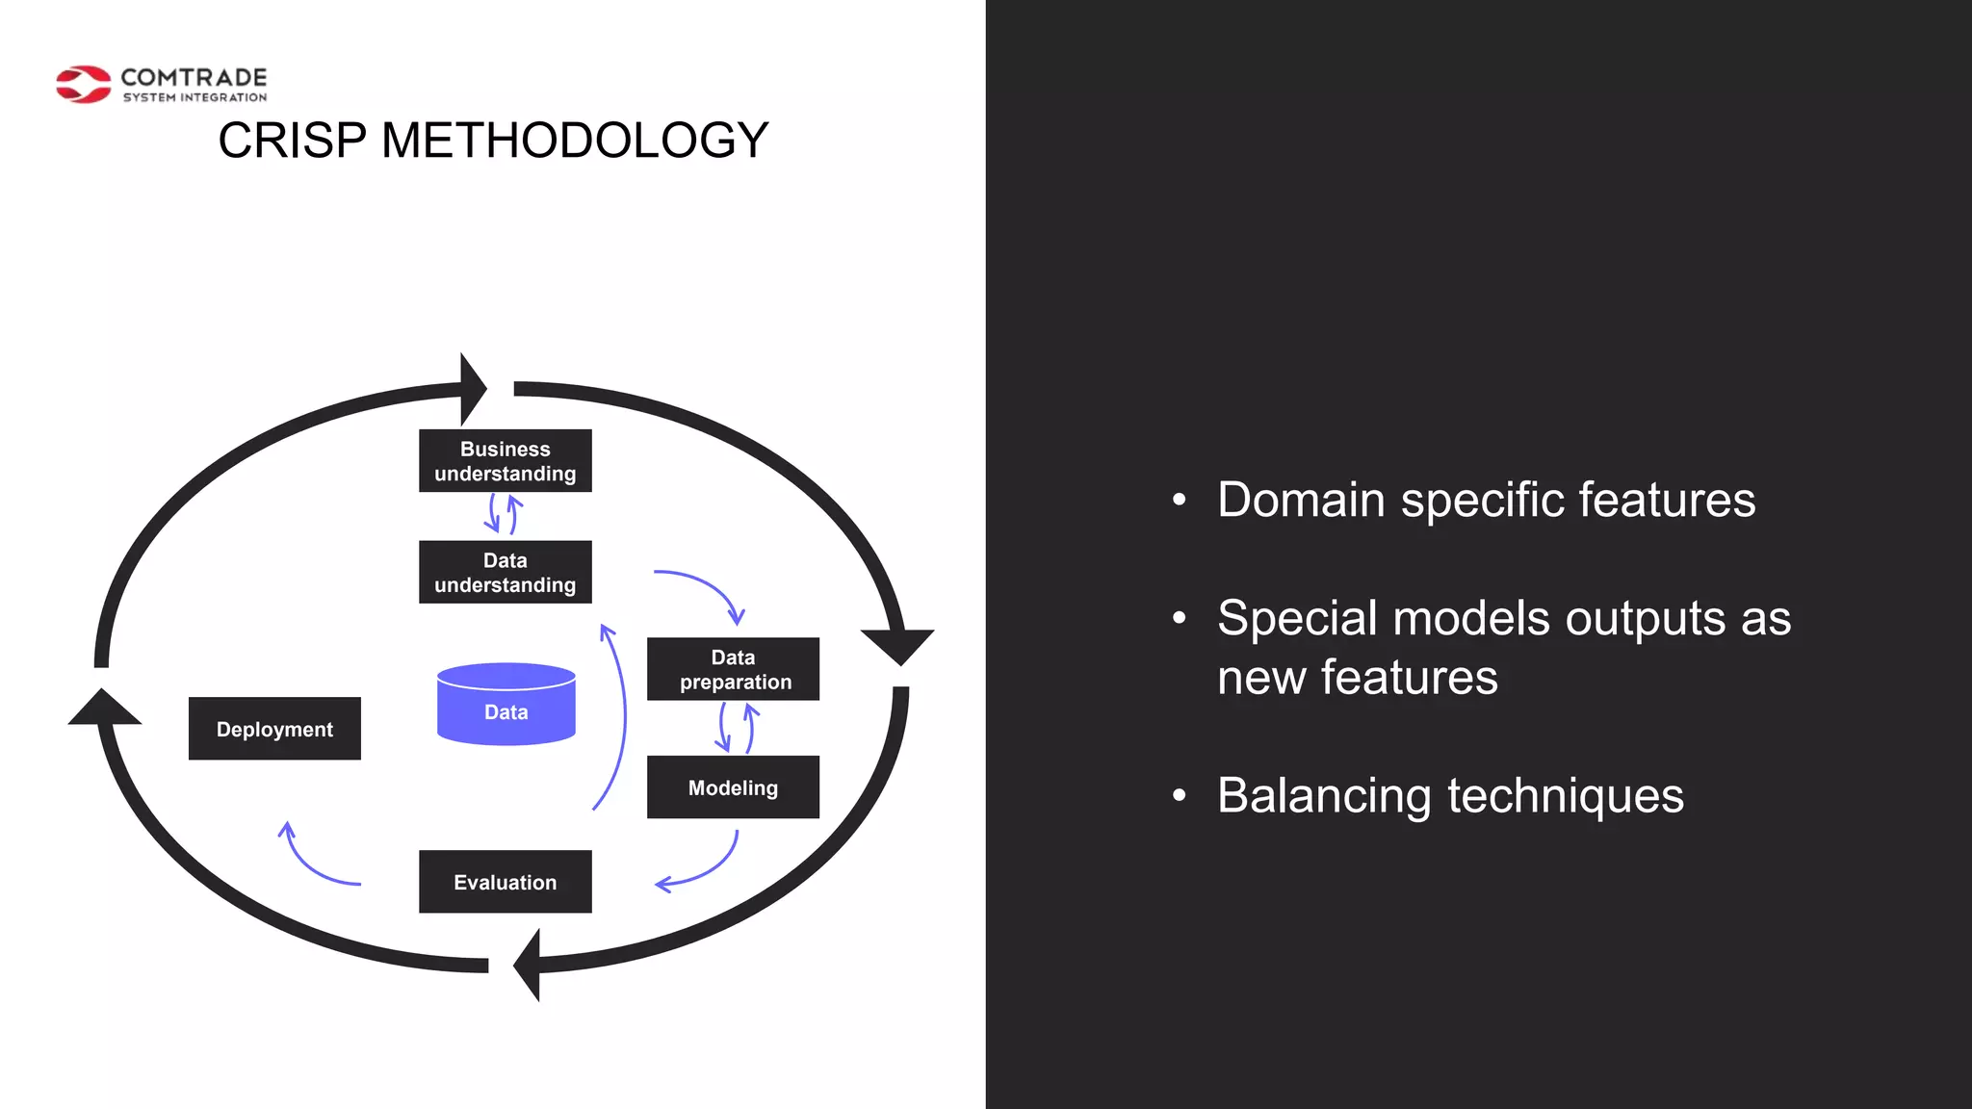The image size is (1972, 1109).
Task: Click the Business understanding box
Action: tap(505, 461)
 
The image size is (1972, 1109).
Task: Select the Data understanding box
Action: tap(505, 573)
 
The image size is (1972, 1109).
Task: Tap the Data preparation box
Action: tap(733, 669)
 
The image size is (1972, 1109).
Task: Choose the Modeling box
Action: tap(733, 787)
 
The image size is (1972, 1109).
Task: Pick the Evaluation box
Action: tap(505, 882)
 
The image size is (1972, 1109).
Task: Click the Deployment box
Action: tap(274, 729)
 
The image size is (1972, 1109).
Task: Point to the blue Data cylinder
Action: tap(506, 705)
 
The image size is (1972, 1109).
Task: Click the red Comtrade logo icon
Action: tap(84, 85)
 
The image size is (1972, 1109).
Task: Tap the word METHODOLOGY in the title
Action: tap(575, 141)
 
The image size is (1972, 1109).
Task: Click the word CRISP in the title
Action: tap(292, 141)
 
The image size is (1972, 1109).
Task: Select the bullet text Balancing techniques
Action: tap(1450, 796)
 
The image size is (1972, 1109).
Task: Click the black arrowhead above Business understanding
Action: tap(472, 389)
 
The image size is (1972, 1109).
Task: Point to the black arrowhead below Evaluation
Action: tap(529, 965)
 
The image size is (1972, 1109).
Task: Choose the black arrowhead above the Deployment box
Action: tap(104, 709)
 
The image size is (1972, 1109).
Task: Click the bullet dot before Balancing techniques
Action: tap(1180, 796)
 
